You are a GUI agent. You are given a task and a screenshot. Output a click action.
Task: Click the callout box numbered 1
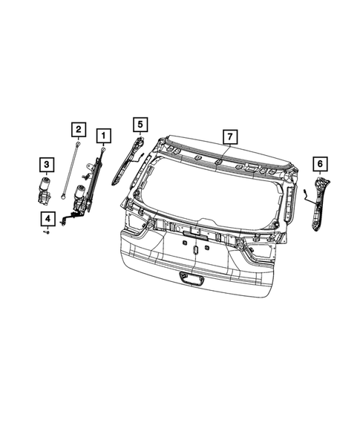point(103,135)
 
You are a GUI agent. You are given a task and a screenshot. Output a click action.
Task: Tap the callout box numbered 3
point(46,164)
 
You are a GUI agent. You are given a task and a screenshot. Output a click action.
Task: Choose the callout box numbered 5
point(141,123)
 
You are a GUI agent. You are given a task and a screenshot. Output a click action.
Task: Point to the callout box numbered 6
point(320,162)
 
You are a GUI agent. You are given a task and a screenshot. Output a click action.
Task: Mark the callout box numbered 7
point(230,137)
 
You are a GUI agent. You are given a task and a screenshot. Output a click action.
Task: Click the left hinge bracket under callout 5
point(128,160)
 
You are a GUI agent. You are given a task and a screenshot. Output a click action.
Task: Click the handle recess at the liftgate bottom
point(190,278)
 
